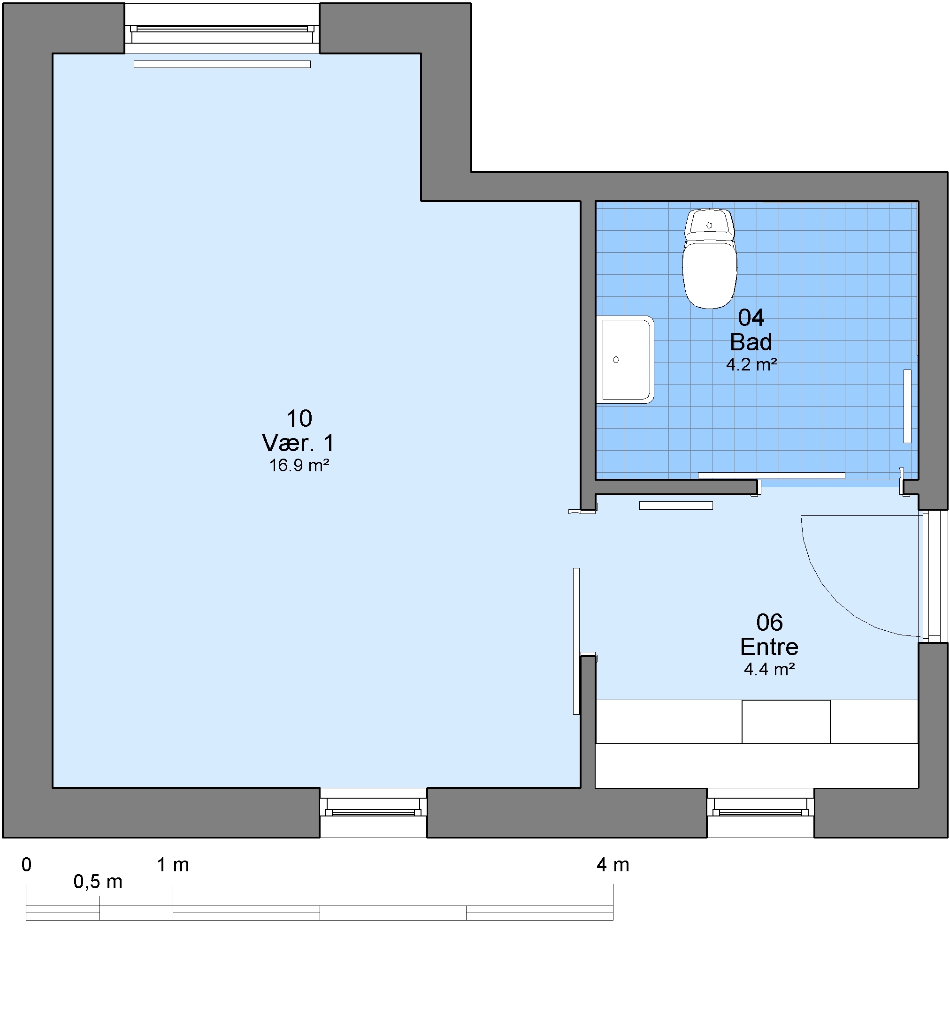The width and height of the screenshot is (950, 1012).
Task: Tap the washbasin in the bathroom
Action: coord(626,359)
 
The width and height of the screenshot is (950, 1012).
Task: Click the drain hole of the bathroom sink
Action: coord(616,359)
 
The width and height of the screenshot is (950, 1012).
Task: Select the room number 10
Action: coord(299,418)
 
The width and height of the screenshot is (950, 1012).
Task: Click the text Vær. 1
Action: coord(299,443)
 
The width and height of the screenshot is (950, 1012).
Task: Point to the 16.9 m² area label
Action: coord(299,465)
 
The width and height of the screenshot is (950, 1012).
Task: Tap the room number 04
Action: coord(751,317)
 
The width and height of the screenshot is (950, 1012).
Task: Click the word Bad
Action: coord(751,341)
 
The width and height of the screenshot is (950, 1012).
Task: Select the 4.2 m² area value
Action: coord(751,364)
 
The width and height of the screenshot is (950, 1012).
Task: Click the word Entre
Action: coord(769,647)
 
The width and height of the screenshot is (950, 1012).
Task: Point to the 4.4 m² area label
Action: coord(769,669)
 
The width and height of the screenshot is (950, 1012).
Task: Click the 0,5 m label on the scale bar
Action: coord(98,882)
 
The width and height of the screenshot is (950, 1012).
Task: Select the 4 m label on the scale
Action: coord(613,864)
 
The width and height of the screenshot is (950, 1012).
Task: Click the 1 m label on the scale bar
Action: coord(173,864)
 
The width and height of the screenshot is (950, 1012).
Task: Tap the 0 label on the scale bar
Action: coord(26,864)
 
